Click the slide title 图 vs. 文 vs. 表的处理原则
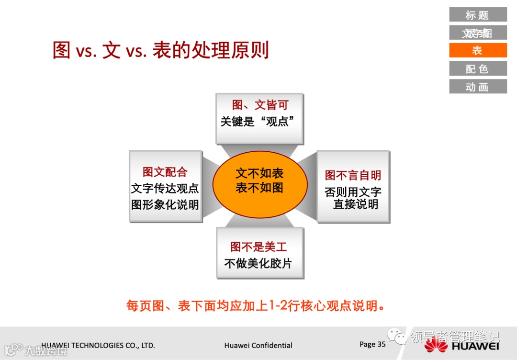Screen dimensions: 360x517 point(161,50)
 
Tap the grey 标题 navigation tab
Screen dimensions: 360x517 point(477,15)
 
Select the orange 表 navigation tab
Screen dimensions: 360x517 point(477,50)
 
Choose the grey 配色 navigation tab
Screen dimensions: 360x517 point(477,68)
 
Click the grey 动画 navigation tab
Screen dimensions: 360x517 point(477,87)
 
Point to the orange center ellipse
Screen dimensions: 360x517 point(259,184)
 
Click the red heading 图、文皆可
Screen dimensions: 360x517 point(260,105)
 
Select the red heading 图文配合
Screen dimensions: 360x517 point(165,172)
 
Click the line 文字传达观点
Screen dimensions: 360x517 point(165,188)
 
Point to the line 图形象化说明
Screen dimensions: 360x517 point(165,205)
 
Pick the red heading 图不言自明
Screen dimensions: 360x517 point(353,175)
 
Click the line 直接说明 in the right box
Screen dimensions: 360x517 point(356,204)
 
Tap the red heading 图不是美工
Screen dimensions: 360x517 point(258,247)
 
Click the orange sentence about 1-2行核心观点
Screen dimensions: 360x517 point(256,305)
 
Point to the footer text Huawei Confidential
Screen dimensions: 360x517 point(258,345)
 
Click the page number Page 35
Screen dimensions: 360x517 point(372,344)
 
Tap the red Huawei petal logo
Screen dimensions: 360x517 point(436,345)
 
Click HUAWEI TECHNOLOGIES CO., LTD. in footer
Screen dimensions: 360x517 point(98,345)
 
